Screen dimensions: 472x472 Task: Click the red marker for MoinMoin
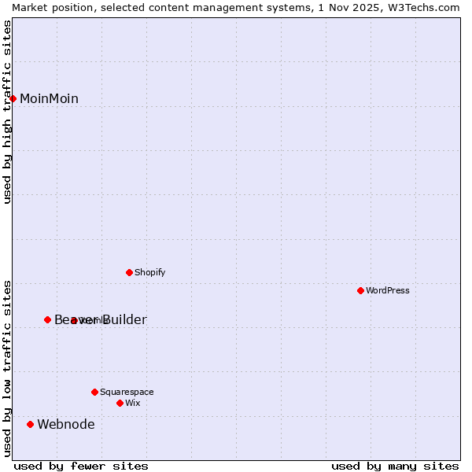tap(13, 98)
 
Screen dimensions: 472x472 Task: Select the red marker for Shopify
tap(130, 272)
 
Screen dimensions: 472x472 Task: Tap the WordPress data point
tap(361, 290)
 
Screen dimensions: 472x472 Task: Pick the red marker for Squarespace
tap(95, 392)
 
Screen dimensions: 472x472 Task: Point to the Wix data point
tap(120, 403)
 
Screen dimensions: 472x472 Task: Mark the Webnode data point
tap(31, 424)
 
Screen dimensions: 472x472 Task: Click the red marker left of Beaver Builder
tap(48, 319)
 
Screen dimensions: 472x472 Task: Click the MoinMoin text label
tap(49, 98)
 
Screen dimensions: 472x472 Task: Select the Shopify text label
tap(149, 272)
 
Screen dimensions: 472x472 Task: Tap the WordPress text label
tap(388, 290)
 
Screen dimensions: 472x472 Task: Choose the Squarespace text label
tap(127, 392)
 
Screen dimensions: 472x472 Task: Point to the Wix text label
tap(132, 403)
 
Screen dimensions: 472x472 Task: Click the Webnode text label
tap(66, 425)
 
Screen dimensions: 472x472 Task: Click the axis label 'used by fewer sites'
tap(81, 466)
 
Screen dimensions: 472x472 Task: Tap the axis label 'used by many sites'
tap(395, 466)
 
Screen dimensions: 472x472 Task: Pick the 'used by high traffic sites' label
tap(7, 112)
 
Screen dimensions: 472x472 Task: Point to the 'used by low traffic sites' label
tap(7, 368)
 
